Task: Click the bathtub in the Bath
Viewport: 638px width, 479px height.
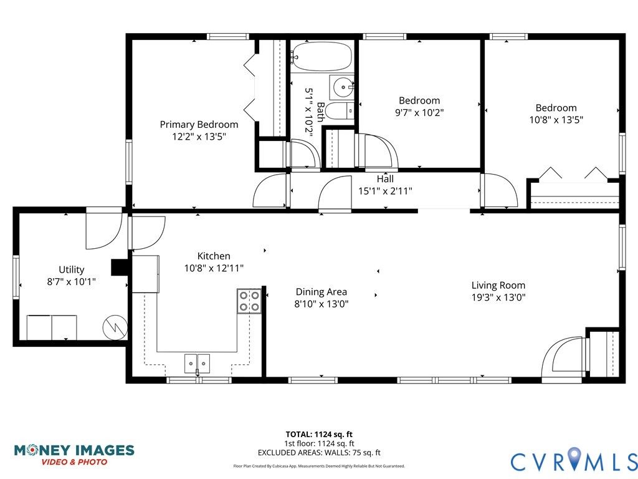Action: (x=321, y=57)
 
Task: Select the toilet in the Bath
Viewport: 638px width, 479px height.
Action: (x=340, y=111)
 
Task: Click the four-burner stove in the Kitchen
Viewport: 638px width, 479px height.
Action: (x=249, y=301)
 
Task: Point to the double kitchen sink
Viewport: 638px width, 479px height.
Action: (x=198, y=364)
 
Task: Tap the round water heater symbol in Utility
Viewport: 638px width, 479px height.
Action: (x=115, y=327)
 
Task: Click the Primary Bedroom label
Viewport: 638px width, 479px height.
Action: (x=199, y=125)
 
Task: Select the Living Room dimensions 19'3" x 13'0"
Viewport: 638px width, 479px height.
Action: (x=498, y=298)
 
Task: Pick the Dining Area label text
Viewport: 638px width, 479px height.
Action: (x=321, y=292)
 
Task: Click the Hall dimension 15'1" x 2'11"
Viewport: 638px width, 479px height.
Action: (x=385, y=191)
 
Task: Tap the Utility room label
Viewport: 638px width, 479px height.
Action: (x=72, y=269)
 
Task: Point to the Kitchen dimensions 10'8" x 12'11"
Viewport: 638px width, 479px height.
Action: (x=214, y=268)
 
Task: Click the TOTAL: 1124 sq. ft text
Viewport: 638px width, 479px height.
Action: (x=319, y=434)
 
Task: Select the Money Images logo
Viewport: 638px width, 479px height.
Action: (x=74, y=455)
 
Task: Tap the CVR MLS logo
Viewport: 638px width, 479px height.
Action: (x=574, y=460)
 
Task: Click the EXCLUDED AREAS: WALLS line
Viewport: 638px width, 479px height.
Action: (x=319, y=453)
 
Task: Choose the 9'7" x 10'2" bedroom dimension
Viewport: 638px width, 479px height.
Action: (x=419, y=112)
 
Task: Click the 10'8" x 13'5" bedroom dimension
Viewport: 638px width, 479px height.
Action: (x=556, y=120)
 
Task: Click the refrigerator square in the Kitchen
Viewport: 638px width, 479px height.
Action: (x=145, y=274)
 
